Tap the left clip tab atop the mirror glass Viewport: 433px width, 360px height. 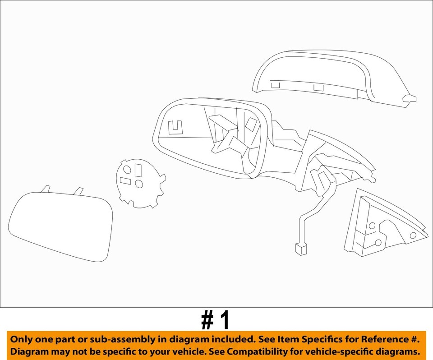(x=46, y=189)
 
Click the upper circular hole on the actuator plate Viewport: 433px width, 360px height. (x=127, y=170)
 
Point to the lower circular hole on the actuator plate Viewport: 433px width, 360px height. (x=139, y=184)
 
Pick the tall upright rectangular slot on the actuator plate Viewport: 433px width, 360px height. (x=138, y=170)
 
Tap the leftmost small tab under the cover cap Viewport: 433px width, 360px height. (x=275, y=84)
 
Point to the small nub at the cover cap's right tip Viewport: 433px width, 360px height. (x=410, y=98)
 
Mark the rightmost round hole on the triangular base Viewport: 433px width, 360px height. (x=413, y=235)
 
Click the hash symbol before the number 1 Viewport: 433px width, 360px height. (x=207, y=320)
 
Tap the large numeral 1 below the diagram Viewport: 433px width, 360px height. (x=225, y=320)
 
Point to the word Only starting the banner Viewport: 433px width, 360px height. (x=21, y=339)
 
